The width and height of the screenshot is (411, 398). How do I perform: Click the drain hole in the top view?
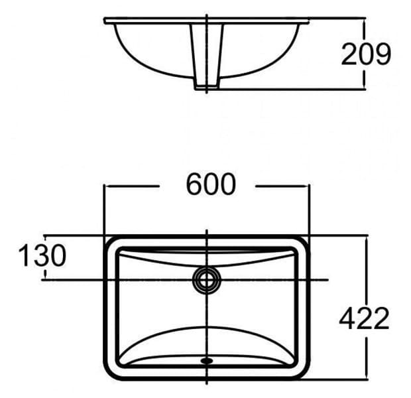point(207,279)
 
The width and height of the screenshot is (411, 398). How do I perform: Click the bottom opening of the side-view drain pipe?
point(207,89)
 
